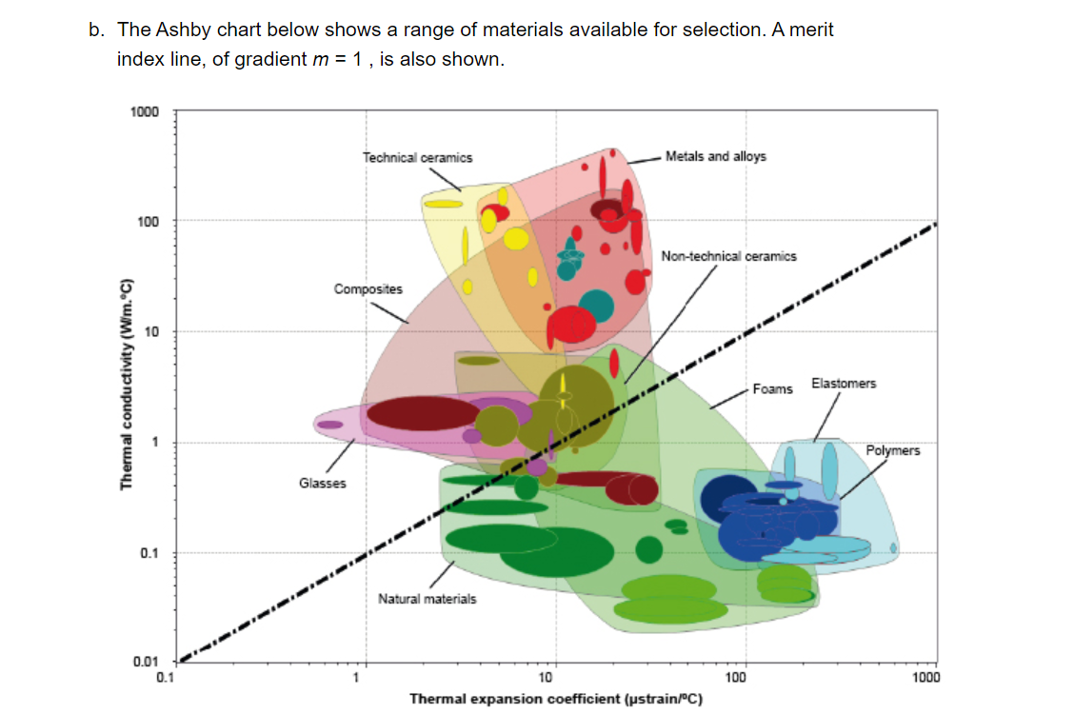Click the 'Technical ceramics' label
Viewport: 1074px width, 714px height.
(x=417, y=157)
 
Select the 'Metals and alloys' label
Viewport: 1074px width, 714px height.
(x=715, y=156)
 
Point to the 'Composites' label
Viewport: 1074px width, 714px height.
(x=368, y=288)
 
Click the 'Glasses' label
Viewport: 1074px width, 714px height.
(x=323, y=483)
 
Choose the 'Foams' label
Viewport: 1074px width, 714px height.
(x=772, y=388)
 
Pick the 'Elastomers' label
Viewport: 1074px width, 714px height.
(x=844, y=383)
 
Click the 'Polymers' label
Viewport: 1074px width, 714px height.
(x=893, y=450)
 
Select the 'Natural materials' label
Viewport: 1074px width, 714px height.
(x=427, y=599)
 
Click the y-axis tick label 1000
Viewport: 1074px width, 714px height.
(x=145, y=112)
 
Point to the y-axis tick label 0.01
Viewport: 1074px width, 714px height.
(x=145, y=661)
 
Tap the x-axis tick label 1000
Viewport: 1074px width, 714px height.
(x=925, y=678)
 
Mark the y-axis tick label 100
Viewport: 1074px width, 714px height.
(x=148, y=222)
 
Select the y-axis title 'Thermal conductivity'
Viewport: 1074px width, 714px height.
(x=125, y=387)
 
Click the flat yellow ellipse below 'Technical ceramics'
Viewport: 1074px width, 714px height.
(x=443, y=203)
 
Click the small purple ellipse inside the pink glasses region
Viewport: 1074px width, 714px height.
(x=330, y=425)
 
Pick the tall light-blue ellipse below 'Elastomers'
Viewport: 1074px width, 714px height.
(x=829, y=473)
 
